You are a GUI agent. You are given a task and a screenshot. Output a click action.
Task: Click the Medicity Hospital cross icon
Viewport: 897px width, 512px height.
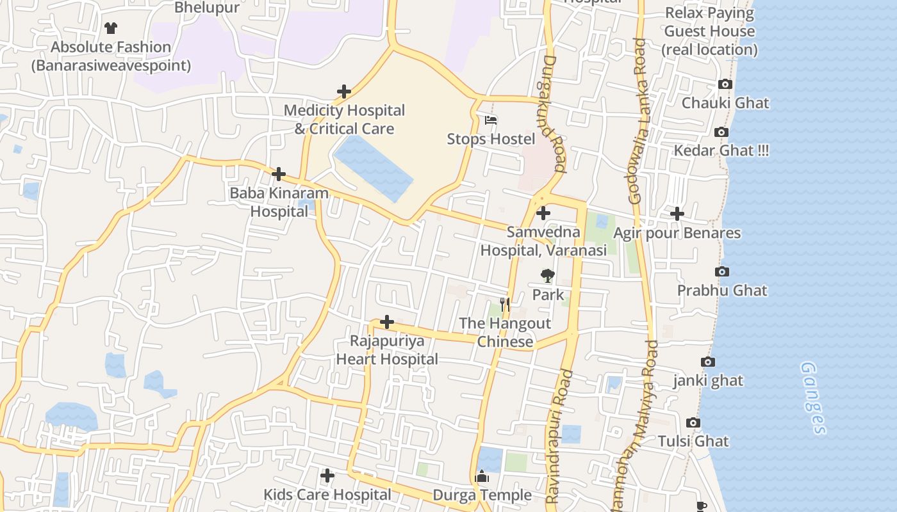click(344, 92)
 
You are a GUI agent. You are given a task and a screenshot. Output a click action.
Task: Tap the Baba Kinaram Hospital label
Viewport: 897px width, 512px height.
click(279, 202)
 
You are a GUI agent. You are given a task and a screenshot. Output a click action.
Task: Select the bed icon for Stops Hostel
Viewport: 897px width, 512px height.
click(491, 120)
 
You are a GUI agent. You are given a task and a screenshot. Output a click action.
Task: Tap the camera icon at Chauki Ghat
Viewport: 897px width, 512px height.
click(725, 84)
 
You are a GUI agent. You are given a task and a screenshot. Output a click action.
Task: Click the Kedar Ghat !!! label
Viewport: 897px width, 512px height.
click(721, 150)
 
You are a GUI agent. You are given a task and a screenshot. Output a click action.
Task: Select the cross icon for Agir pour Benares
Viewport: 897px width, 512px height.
click(677, 213)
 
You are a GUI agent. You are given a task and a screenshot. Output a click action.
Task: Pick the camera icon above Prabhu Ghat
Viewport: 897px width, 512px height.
click(722, 271)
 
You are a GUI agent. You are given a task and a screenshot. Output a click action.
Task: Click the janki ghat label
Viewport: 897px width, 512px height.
click(708, 381)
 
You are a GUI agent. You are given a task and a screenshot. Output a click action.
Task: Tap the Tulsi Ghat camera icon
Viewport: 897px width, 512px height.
click(693, 422)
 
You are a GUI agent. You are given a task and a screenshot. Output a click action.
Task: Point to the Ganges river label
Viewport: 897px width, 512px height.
click(813, 397)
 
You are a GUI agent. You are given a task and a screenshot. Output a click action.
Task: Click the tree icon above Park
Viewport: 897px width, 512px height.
click(548, 276)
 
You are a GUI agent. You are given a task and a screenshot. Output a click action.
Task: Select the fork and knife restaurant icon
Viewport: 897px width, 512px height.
click(505, 305)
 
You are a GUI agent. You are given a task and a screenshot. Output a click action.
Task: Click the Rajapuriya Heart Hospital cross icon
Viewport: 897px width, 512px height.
click(387, 321)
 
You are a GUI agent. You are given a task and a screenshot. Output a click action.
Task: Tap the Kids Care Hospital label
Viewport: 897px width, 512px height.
click(327, 495)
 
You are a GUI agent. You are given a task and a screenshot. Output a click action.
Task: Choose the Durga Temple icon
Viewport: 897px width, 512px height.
click(482, 477)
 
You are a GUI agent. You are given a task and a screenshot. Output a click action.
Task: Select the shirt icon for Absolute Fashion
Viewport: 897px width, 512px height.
click(111, 28)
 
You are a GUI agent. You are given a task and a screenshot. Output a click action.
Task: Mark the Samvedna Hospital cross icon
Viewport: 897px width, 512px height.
click(543, 213)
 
